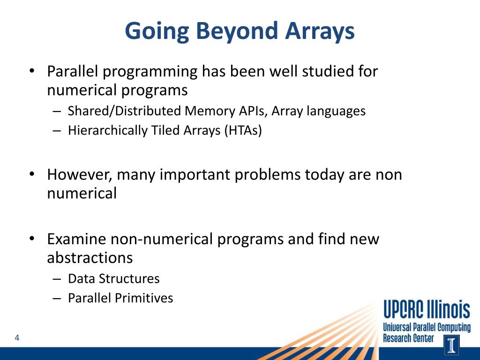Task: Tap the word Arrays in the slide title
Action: [320, 31]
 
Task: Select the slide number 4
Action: [17, 338]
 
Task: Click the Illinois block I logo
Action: [451, 345]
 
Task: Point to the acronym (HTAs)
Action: [243, 131]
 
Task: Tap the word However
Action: [80, 175]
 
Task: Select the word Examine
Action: [76, 239]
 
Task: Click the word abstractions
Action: [90, 258]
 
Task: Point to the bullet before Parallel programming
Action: [32, 71]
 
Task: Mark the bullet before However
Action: [32, 174]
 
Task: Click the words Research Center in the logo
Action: [408, 338]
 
